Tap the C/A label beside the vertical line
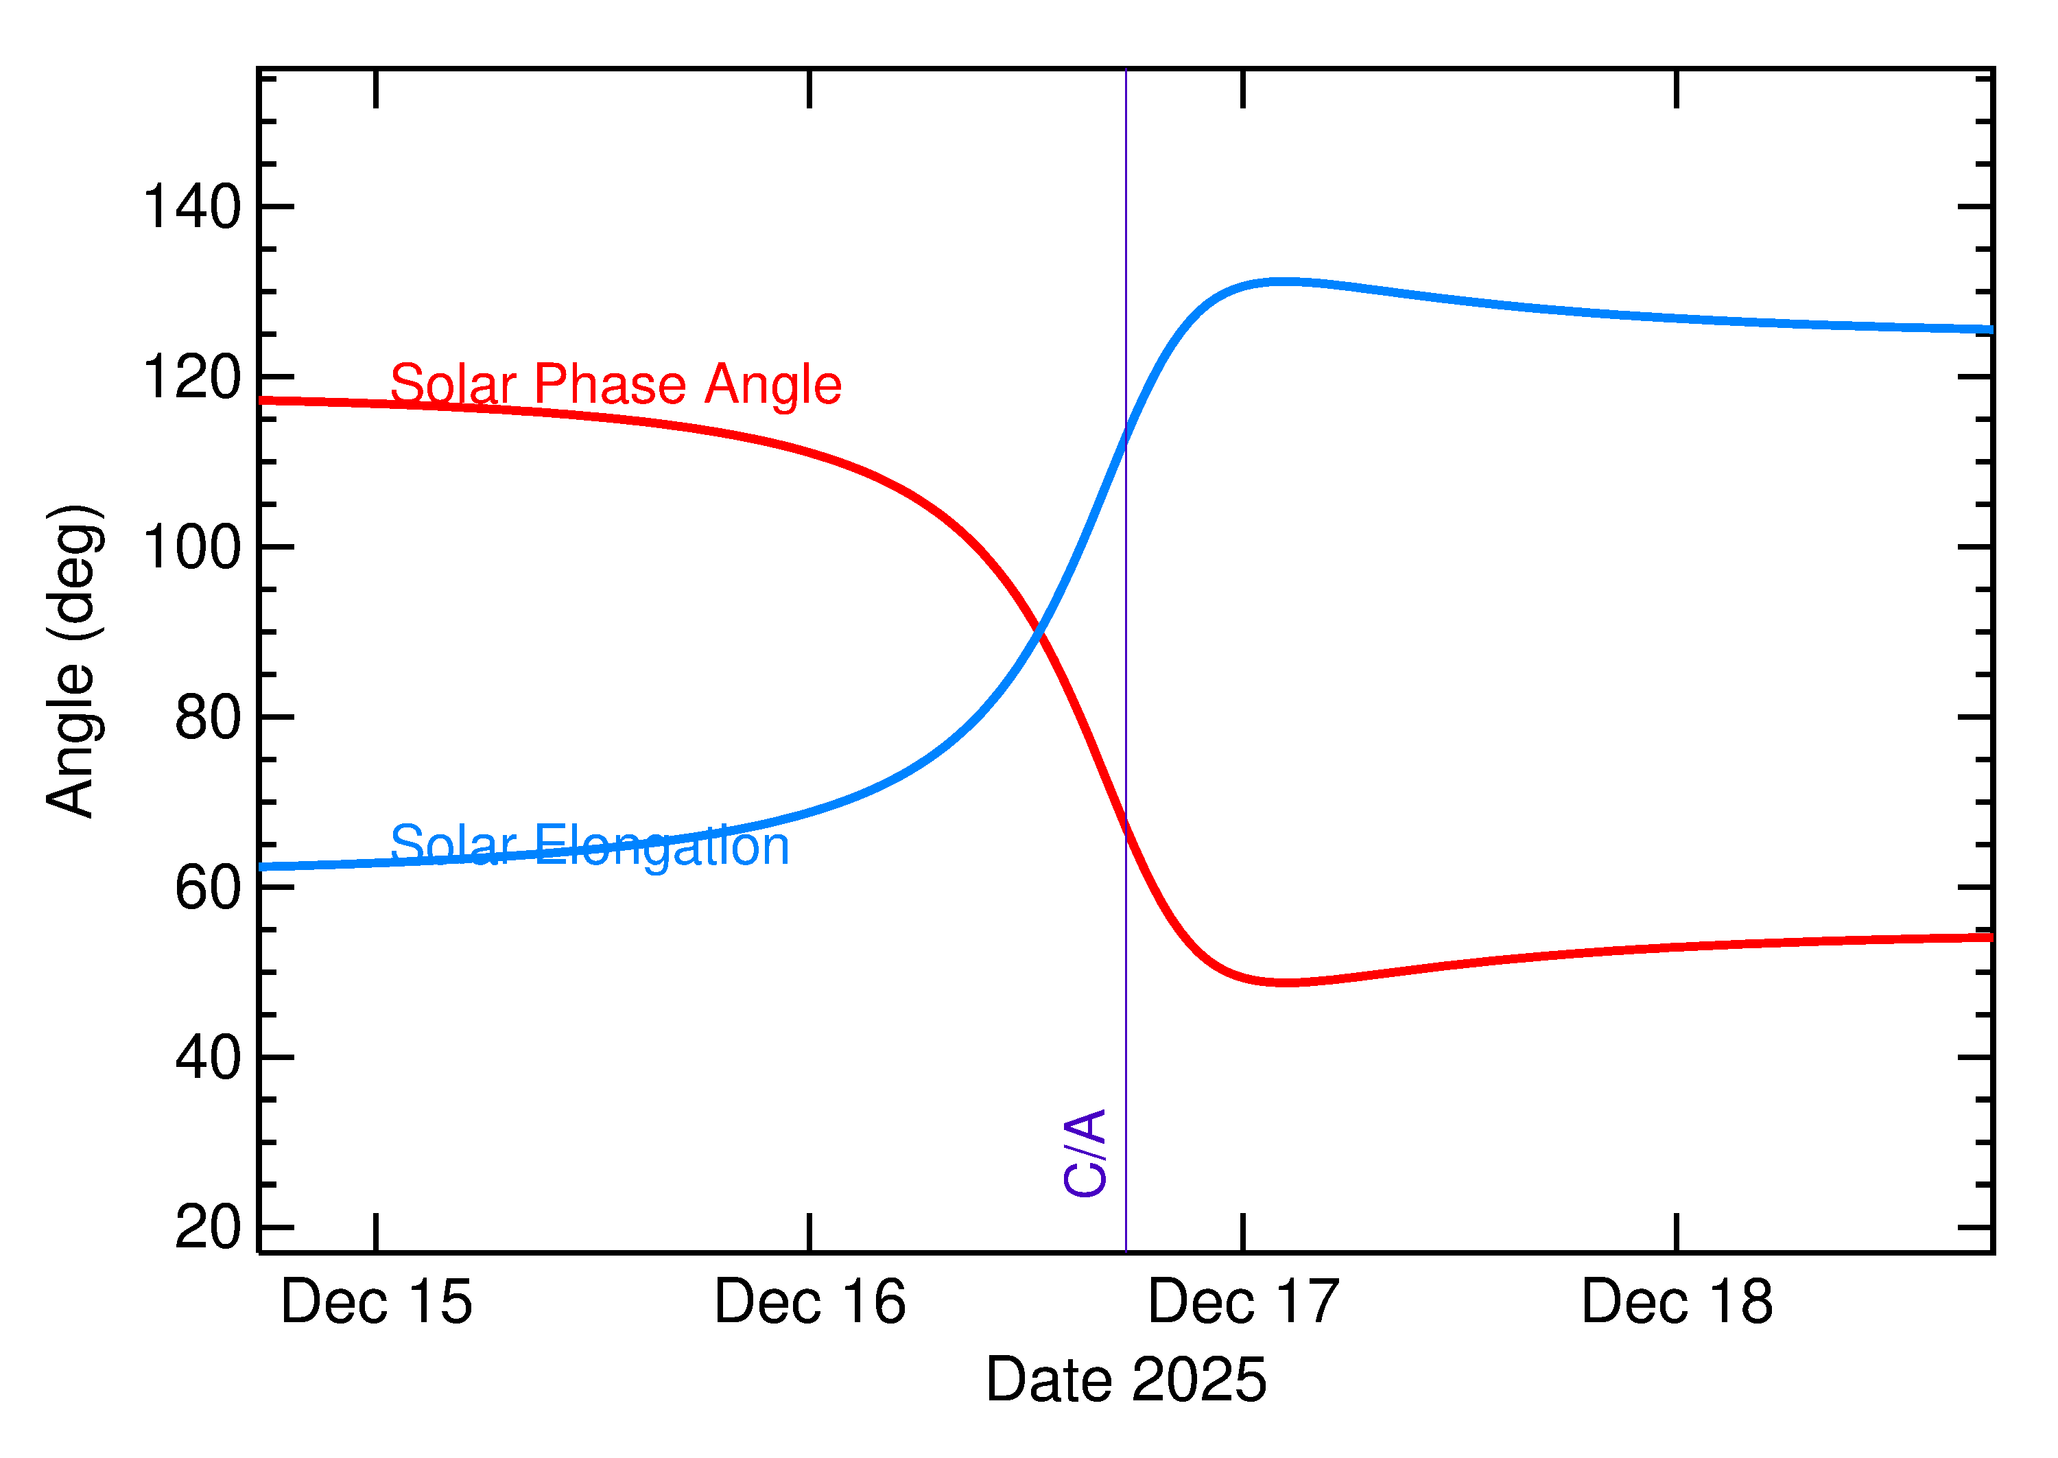1084,1153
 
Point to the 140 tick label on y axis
191,207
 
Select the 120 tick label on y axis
191,377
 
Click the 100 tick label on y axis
191,547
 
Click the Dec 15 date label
376,1303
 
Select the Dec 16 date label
809,1303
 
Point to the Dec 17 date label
1243,1303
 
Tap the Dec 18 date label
1677,1303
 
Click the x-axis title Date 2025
1126,1380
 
